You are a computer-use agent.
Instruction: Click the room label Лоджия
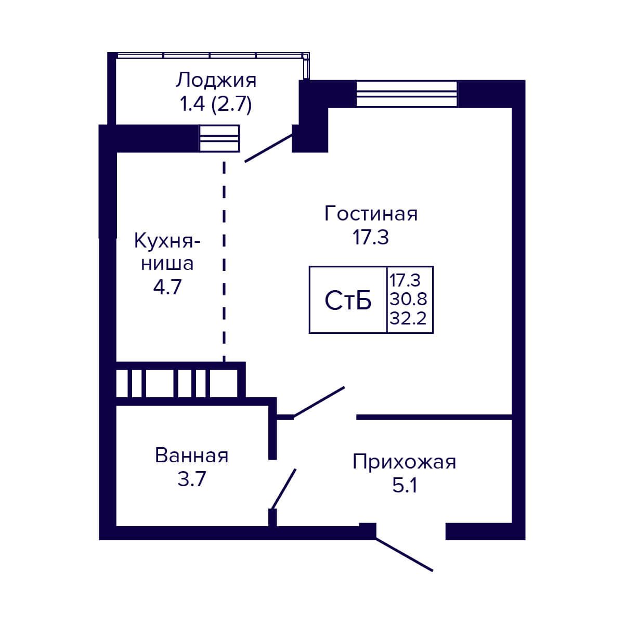(x=216, y=81)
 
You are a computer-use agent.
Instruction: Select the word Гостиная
(x=371, y=214)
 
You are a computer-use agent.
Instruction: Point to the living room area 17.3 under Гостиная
(x=371, y=238)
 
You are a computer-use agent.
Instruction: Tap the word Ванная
(x=192, y=456)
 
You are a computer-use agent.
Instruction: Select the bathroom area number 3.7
(x=192, y=479)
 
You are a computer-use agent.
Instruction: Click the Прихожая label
(x=404, y=462)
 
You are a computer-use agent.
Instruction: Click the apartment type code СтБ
(x=348, y=300)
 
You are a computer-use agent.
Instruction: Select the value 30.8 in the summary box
(x=408, y=299)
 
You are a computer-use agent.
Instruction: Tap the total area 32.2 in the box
(x=408, y=317)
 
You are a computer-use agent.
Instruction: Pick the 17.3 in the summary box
(x=405, y=280)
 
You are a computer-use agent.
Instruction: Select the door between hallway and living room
(x=319, y=402)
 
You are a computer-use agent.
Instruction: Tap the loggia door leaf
(x=268, y=148)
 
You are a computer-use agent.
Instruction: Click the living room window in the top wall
(x=406, y=94)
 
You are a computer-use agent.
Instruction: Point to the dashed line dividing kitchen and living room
(x=224, y=260)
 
